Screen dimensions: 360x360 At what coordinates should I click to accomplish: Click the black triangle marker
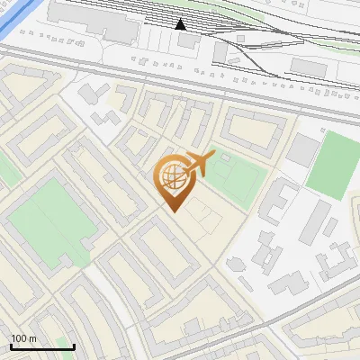coord(181,24)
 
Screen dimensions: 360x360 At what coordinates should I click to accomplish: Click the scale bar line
coord(41,347)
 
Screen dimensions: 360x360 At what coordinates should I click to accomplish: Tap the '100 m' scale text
coord(23,338)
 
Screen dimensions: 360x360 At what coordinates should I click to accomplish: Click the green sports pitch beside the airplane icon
coord(237,177)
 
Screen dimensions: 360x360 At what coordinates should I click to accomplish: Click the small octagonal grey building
coord(236,265)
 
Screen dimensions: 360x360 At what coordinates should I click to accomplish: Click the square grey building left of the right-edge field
coord(303,149)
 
